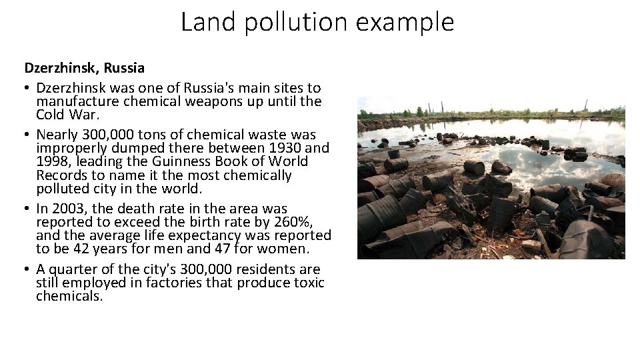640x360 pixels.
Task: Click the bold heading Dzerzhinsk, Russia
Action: tap(85, 67)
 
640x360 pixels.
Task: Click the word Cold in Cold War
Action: tap(51, 115)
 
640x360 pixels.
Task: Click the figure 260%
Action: tap(290, 221)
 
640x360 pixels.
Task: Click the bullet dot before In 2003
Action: tap(28, 208)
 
